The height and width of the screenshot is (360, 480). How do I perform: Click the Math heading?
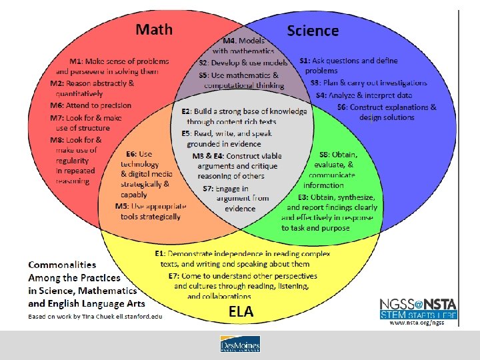tap(154, 29)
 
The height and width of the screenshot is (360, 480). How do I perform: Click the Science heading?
tap(313, 31)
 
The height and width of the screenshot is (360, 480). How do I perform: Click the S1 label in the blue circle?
tap(305, 61)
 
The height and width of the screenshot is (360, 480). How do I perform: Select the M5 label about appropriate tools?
tap(122, 206)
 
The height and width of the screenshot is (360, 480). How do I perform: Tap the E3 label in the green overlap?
tap(303, 197)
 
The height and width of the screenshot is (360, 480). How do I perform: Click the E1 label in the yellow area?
tap(161, 254)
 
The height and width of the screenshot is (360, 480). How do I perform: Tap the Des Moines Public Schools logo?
tap(240, 344)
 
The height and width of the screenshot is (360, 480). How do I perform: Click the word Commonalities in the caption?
tap(62, 265)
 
